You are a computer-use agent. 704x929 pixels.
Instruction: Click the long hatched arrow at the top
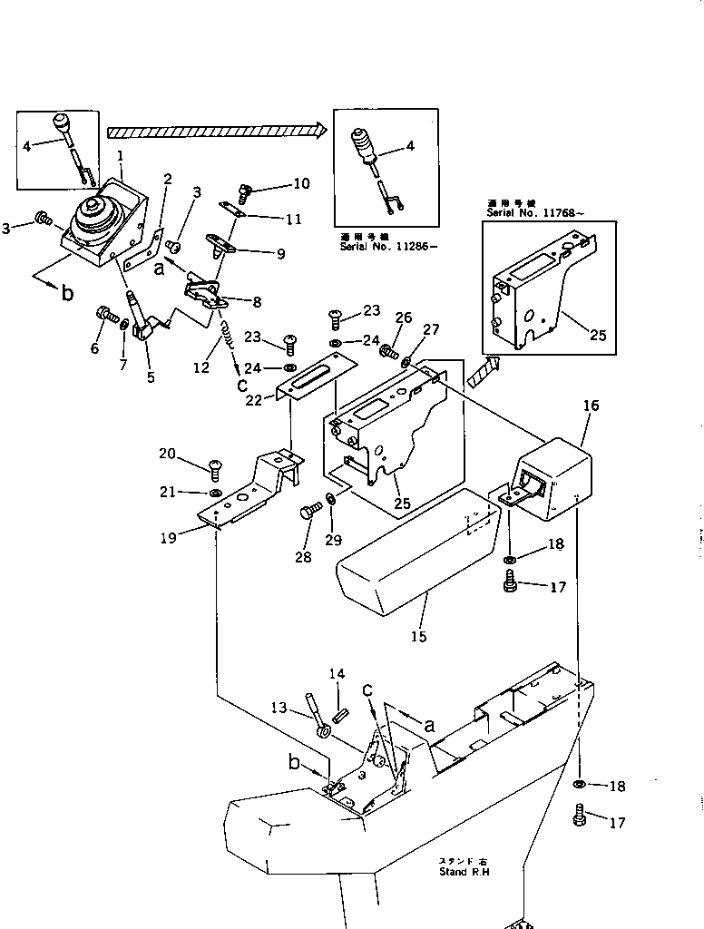[215, 131]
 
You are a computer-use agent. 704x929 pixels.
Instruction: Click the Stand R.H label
[466, 871]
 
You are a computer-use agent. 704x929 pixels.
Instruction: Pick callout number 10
[300, 184]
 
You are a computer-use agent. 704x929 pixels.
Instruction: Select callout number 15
[417, 637]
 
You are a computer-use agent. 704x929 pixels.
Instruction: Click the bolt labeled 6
[103, 317]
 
